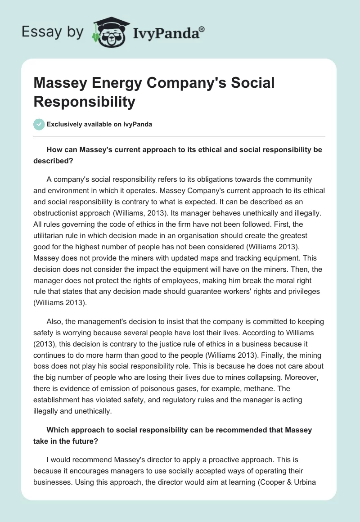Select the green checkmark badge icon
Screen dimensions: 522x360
(39, 124)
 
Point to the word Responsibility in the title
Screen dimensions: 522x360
(84, 102)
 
